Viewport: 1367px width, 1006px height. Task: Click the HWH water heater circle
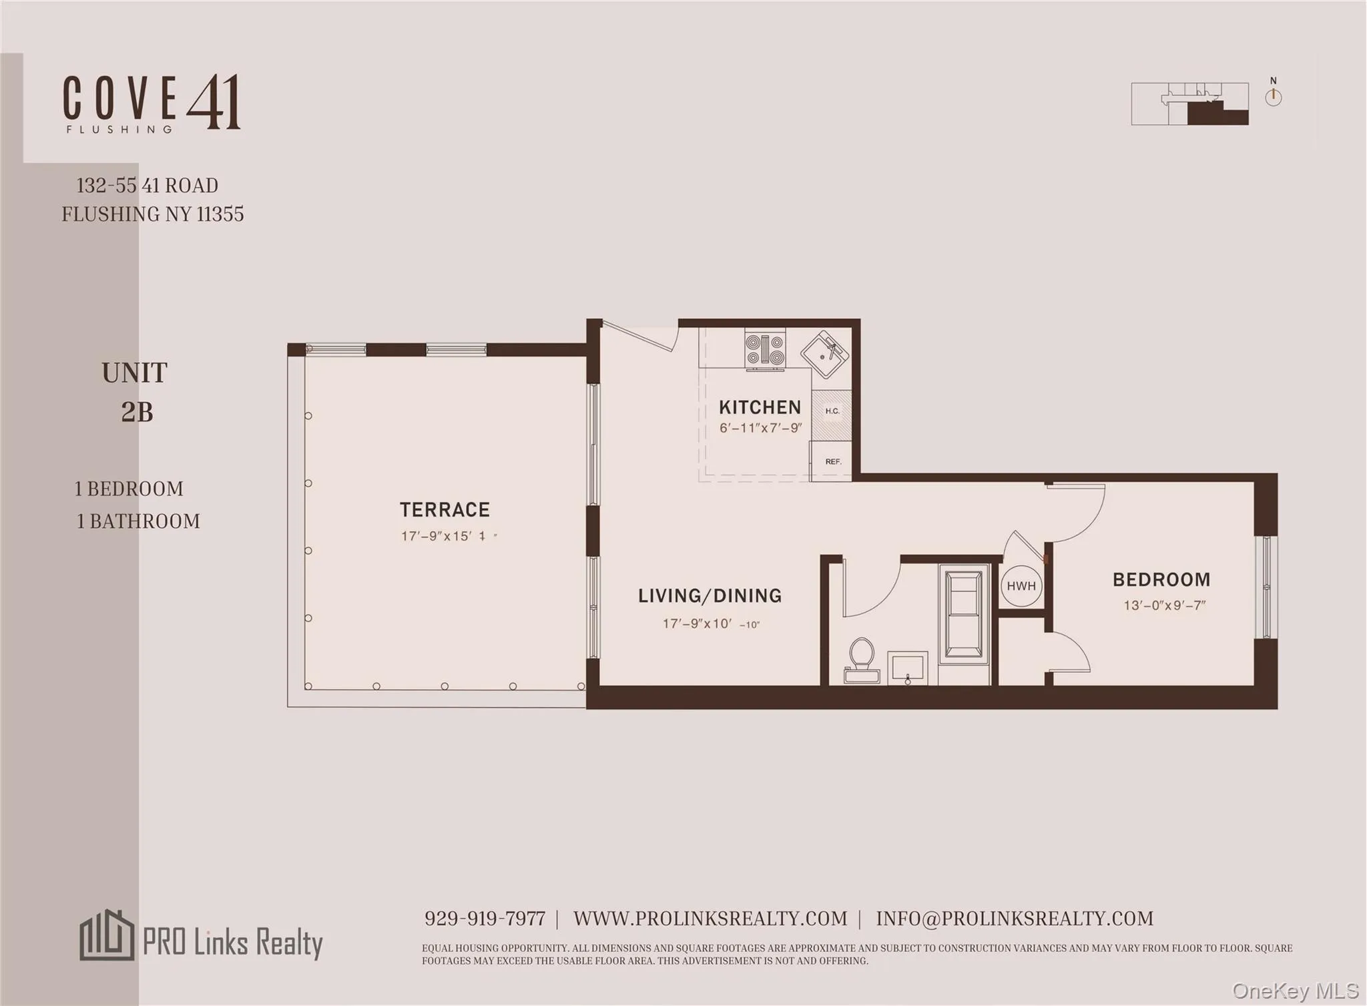pyautogui.click(x=1021, y=585)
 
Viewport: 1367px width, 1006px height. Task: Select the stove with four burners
pyautogui.click(x=765, y=350)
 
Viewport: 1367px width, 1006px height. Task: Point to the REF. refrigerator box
pyautogui.click(x=832, y=461)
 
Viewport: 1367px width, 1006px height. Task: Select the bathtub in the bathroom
pyautogui.click(x=964, y=614)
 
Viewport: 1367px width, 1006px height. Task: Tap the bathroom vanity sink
pyautogui.click(x=907, y=667)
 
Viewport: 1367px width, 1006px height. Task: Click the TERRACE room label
pyautogui.click(x=445, y=510)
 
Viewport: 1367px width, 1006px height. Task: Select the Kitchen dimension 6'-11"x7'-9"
pyautogui.click(x=760, y=428)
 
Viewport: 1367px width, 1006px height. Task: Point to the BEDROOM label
pyautogui.click(x=1161, y=579)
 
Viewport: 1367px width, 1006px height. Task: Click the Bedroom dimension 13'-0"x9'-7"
pyautogui.click(x=1164, y=605)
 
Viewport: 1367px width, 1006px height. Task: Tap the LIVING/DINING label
pyautogui.click(x=710, y=595)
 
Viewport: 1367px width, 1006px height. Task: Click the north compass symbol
pyautogui.click(x=1273, y=95)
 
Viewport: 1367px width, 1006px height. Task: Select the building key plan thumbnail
pyautogui.click(x=1189, y=103)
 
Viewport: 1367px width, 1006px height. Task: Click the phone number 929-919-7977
pyautogui.click(x=485, y=919)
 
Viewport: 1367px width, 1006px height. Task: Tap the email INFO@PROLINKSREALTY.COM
pyautogui.click(x=1014, y=919)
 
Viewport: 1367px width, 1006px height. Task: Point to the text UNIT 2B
pyautogui.click(x=135, y=393)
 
